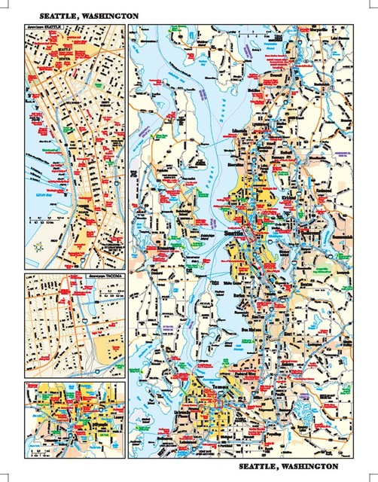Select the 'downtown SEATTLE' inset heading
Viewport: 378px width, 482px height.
pyautogui.click(x=44, y=27)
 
